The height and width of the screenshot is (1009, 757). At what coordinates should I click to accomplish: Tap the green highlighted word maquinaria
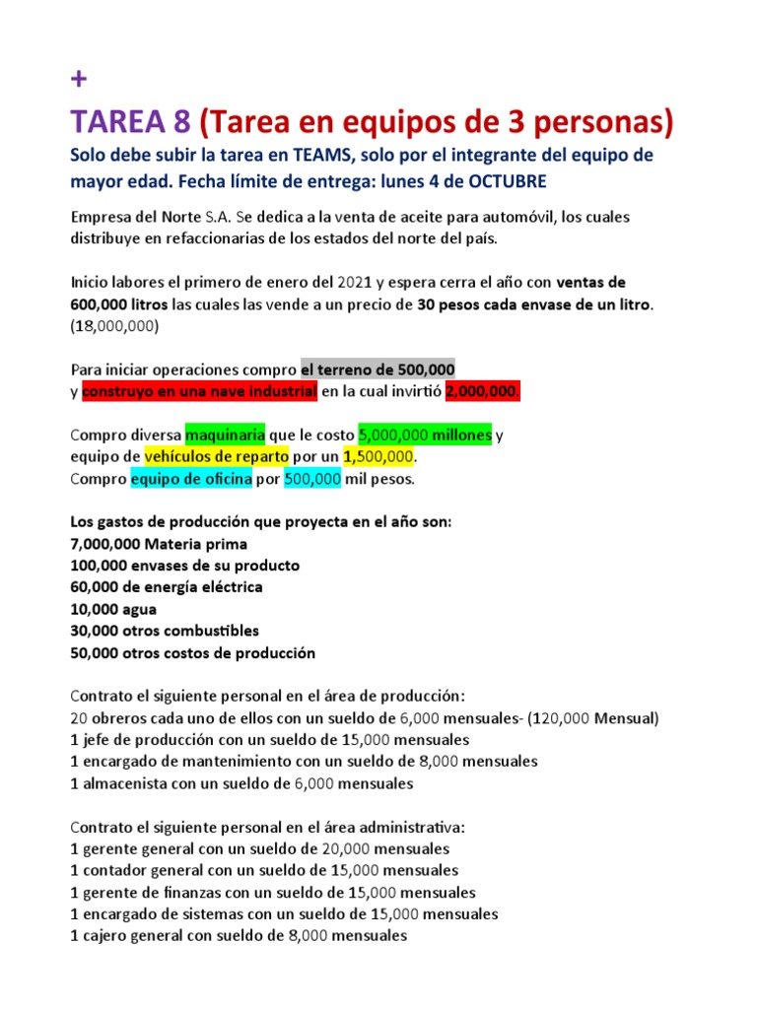[226, 435]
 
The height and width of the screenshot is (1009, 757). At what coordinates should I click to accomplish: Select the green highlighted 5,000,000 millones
[424, 435]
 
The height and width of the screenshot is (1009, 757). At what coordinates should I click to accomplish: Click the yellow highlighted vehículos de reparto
[217, 457]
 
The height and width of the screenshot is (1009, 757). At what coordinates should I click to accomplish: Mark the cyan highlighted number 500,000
[312, 479]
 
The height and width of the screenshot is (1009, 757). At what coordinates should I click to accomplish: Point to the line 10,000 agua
[113, 609]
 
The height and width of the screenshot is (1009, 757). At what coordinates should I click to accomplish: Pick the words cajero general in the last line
[136, 935]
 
